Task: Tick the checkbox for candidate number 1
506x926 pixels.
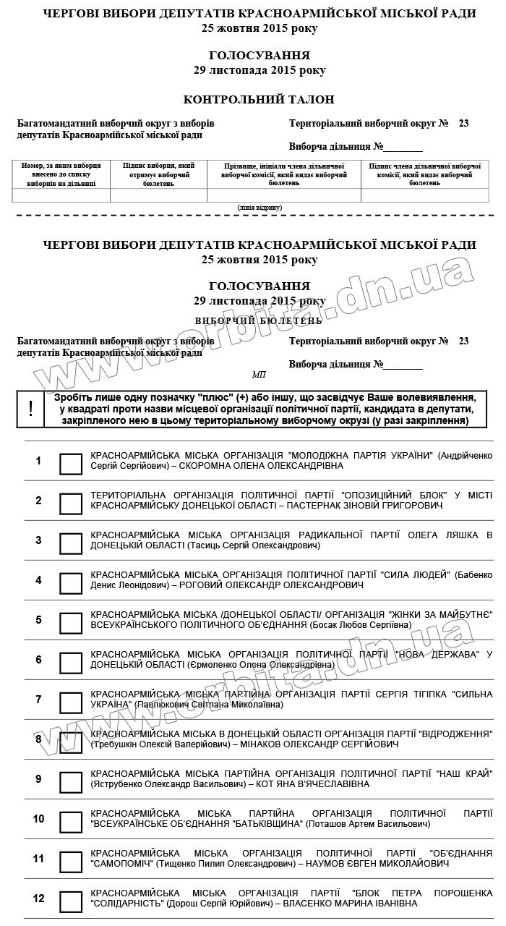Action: [x=71, y=464]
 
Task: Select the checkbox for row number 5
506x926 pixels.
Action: [x=71, y=623]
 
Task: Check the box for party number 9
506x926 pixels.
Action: [x=71, y=782]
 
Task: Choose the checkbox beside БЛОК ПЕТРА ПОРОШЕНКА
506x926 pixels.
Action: [x=71, y=901]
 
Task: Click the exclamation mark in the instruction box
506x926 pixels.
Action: [x=30, y=409]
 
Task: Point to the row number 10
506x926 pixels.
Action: [x=39, y=819]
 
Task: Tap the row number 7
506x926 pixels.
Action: [x=39, y=700]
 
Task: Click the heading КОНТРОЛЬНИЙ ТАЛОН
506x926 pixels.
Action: [x=259, y=100]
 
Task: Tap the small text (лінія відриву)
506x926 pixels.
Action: [x=260, y=208]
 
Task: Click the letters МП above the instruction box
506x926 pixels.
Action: [x=259, y=375]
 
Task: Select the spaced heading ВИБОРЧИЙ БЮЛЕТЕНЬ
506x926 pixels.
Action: [x=259, y=320]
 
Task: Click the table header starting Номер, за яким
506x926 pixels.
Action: [x=61, y=174]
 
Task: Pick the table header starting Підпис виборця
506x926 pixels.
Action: [x=158, y=174]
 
